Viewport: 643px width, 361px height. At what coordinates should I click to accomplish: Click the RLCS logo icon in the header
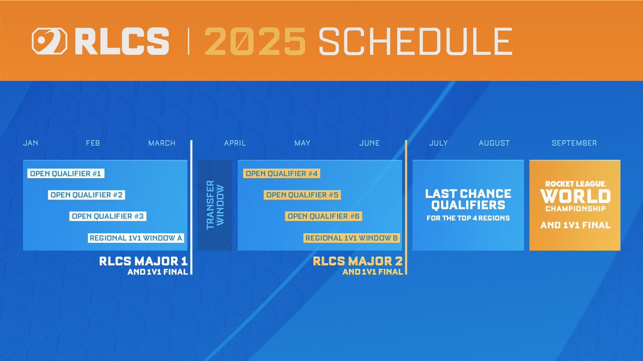[49, 41]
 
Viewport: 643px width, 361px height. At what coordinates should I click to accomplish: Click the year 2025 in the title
[255, 41]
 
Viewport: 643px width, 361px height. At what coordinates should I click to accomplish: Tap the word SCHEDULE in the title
[415, 41]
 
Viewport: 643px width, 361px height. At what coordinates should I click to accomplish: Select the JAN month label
[31, 143]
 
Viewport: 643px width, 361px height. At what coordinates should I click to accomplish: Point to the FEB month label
[93, 143]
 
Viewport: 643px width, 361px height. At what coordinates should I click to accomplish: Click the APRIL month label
[235, 143]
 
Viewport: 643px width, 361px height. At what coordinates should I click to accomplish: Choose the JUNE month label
[369, 143]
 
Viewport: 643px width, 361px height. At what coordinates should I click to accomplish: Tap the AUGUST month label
[494, 143]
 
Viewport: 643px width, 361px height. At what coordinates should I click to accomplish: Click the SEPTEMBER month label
[574, 143]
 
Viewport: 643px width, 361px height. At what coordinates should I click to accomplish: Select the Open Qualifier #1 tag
[66, 174]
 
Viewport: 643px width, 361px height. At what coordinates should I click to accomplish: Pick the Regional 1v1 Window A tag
[136, 238]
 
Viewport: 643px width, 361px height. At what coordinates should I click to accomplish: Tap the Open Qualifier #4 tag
[281, 174]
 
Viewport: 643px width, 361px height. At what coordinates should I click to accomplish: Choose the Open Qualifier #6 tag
[324, 217]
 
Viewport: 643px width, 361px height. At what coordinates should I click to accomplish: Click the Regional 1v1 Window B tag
[352, 238]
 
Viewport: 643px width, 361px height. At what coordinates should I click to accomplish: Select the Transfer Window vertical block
[215, 205]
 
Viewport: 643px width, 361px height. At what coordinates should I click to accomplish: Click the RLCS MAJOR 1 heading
[143, 262]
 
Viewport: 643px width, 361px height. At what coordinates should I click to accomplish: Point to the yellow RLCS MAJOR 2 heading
[357, 262]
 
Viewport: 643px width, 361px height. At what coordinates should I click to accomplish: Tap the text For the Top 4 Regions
[468, 218]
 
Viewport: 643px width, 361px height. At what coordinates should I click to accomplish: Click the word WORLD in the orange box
[575, 196]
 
